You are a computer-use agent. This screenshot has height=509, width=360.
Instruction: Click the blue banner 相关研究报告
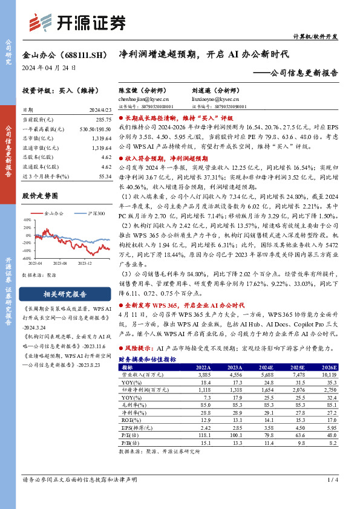pos(67,294)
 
